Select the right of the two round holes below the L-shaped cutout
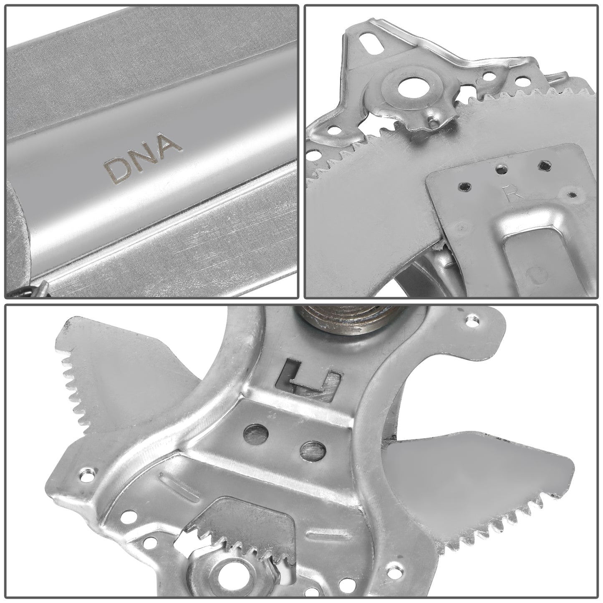click(x=313, y=452)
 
